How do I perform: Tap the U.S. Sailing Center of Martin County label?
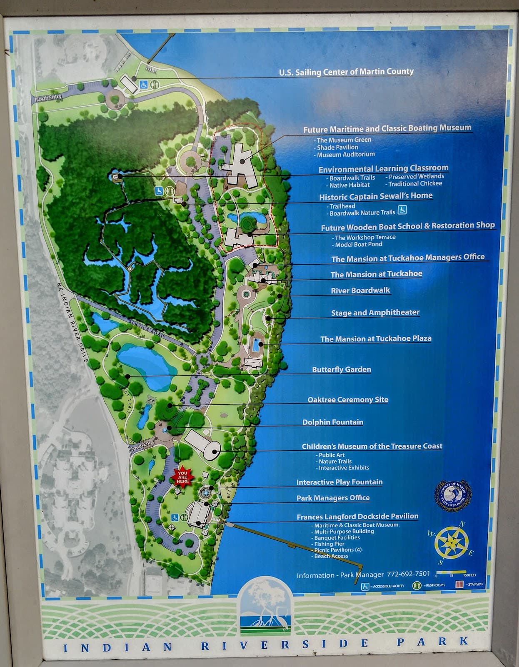346,72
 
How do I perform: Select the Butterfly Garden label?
341,369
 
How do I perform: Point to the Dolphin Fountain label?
332,422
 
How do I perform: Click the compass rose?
451,542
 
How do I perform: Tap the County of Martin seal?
453,495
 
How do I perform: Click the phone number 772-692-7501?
408,574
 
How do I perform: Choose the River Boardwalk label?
360,291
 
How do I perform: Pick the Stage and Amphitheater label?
375,313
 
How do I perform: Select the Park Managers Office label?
333,498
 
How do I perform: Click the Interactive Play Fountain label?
339,482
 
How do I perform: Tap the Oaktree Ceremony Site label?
347,400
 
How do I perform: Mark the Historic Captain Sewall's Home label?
376,196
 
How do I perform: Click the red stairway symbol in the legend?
459,584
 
